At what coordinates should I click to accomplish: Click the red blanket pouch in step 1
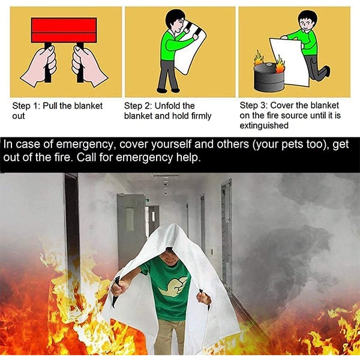(x=64, y=29)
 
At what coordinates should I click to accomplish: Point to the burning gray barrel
(x=269, y=75)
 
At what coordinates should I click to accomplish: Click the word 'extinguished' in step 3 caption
(x=264, y=125)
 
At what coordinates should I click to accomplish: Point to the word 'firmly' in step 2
(x=199, y=116)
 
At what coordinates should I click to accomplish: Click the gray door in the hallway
(x=131, y=228)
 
